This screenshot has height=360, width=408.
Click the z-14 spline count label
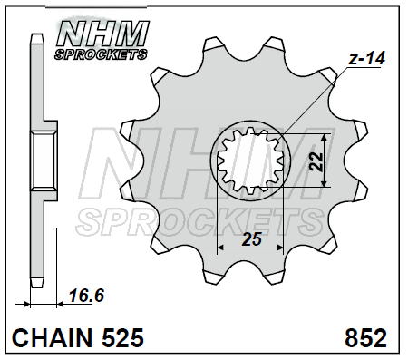click(367, 58)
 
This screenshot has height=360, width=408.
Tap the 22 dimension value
click(316, 161)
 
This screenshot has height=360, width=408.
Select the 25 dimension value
click(252, 239)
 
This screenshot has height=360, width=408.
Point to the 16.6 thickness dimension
click(86, 296)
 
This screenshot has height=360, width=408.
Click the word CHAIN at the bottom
click(52, 337)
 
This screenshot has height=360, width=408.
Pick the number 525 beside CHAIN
click(122, 337)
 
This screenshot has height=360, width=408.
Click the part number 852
click(365, 337)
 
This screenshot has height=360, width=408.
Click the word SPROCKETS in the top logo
click(101, 54)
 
